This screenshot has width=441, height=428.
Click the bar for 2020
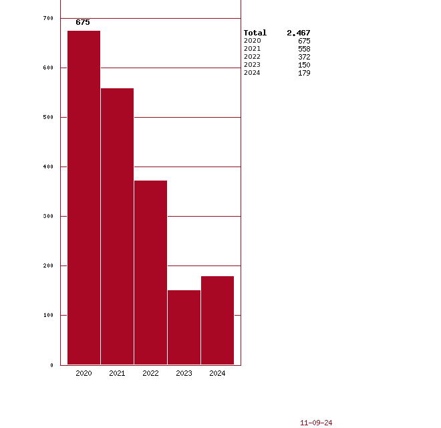84,197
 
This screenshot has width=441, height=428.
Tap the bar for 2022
150,272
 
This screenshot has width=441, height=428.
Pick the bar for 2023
184,327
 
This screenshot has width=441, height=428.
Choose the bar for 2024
217,320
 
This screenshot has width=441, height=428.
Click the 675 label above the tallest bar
83,22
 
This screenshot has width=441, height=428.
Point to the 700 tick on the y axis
47,18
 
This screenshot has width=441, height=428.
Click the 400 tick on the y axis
47,167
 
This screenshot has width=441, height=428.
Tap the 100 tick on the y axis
47,315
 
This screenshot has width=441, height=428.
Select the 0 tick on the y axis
51,365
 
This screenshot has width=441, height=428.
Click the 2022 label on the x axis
150,373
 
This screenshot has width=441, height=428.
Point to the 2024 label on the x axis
217,373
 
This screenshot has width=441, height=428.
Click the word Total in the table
255,33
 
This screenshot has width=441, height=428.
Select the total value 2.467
299,33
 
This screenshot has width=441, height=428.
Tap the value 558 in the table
304,49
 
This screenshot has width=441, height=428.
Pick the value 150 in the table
304,65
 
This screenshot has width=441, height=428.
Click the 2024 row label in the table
252,73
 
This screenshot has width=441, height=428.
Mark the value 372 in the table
304,57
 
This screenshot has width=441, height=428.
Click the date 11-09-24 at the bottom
316,423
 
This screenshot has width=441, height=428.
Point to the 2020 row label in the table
252,41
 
